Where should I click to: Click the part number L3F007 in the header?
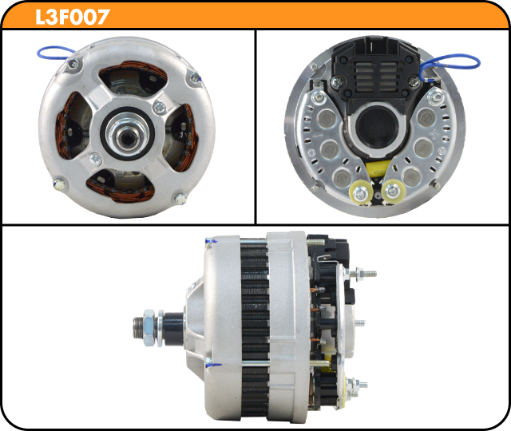[x=73, y=17]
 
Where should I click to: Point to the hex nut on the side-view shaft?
[x=149, y=327]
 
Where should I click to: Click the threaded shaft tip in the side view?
[x=137, y=327]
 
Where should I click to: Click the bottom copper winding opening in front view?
[x=121, y=186]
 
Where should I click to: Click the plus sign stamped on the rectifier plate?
[x=434, y=133]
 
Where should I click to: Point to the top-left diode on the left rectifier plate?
[x=327, y=118]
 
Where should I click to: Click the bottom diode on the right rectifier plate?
[x=412, y=177]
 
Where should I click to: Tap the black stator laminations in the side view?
[x=255, y=329]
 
